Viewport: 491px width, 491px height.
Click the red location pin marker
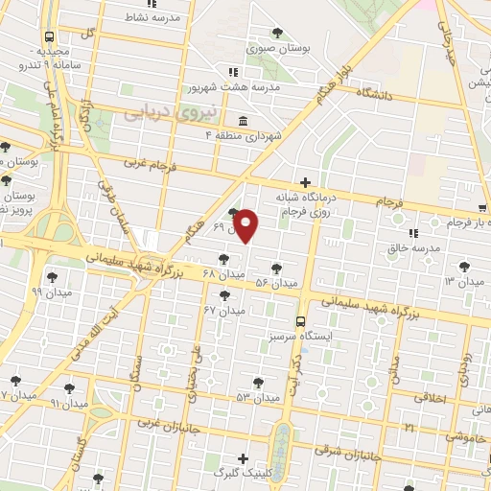(246, 225)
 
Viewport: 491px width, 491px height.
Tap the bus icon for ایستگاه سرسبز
(300, 322)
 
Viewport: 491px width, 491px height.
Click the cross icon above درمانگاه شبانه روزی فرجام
(305, 181)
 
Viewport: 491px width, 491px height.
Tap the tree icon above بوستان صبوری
(278, 31)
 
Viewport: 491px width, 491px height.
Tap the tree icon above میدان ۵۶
(277, 269)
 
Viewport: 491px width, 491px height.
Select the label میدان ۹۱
(67, 404)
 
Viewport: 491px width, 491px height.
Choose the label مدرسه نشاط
(157, 16)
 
